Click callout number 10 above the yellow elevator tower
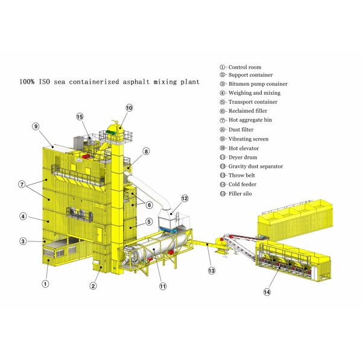129,107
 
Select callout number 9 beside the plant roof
36,127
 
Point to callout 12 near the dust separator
185,198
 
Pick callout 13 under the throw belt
211,270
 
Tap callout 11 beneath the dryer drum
162,286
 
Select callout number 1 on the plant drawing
45,282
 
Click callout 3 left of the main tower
22,241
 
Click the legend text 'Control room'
244,67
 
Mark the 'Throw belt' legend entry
243,175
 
